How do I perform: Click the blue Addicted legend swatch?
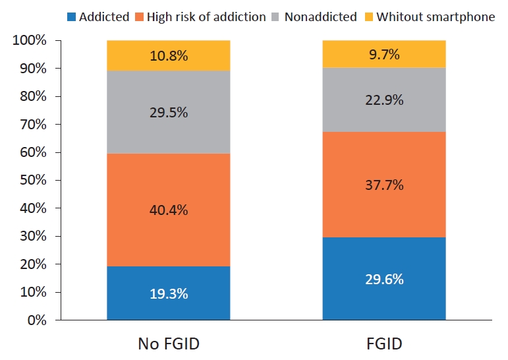pos(71,16)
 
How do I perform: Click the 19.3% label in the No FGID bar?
pos(168,293)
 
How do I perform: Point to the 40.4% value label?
pos(168,210)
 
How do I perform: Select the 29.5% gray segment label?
pos(168,113)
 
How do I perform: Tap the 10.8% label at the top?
pos(168,56)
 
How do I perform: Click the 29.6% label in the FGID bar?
pos(383,279)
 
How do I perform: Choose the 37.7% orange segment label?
pos(383,185)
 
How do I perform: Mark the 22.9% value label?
pos(383,100)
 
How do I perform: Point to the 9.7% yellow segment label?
pos(383,55)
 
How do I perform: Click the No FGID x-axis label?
pos(168,343)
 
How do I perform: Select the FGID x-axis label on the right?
pos(383,343)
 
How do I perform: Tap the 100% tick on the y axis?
pos(29,41)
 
